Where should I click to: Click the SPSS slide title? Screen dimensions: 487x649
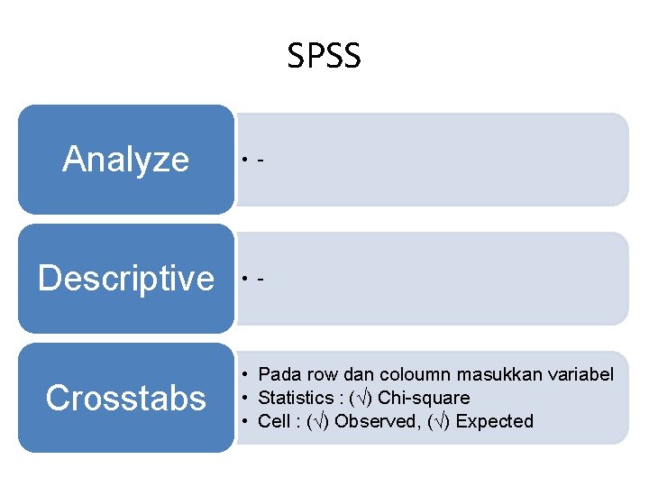coord(324,56)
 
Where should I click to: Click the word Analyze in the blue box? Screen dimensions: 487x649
coord(126,160)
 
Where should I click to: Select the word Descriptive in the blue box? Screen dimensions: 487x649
coord(126,279)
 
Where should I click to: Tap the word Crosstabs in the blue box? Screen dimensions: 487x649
coord(126,398)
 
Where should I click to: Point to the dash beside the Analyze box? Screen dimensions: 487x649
coord(261,161)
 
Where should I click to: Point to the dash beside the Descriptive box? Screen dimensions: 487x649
coord(261,280)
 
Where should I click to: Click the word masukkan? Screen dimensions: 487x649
coord(499,374)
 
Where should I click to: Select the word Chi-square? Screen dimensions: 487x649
coord(424,398)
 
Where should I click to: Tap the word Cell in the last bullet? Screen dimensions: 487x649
coord(273,421)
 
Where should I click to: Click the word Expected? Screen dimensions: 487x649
coord(494,421)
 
